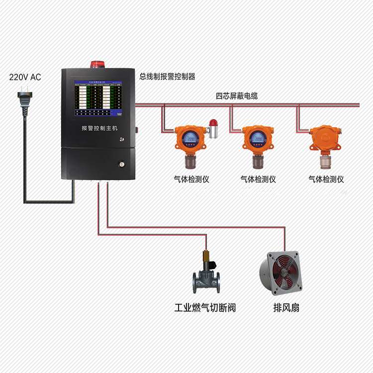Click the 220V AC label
25,77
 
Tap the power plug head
22,94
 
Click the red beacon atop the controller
97,64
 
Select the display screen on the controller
99,99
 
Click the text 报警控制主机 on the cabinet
99,128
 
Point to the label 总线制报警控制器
167,77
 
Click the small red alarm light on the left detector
213,123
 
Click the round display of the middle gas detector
257,139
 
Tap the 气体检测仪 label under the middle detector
258,179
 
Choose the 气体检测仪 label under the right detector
326,179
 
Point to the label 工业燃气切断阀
204,307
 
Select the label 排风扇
286,307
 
